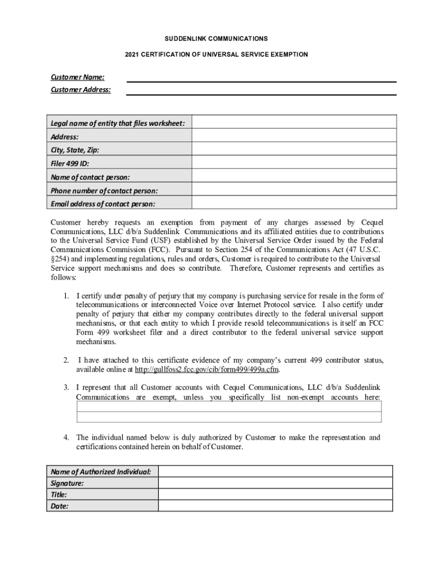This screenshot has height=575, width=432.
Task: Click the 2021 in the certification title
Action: (x=132, y=54)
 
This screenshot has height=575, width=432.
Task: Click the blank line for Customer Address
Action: (x=261, y=90)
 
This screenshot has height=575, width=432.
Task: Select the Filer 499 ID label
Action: (x=70, y=163)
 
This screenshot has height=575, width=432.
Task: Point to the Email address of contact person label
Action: (x=103, y=204)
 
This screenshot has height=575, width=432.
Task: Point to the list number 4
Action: (x=66, y=437)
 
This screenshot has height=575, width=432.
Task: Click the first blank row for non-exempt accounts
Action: (x=228, y=407)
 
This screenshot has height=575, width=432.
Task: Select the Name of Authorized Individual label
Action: (x=101, y=472)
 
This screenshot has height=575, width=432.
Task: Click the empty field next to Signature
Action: (x=275, y=483)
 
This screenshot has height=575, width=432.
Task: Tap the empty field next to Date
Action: (x=275, y=506)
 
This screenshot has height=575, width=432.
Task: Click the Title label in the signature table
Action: (x=59, y=495)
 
